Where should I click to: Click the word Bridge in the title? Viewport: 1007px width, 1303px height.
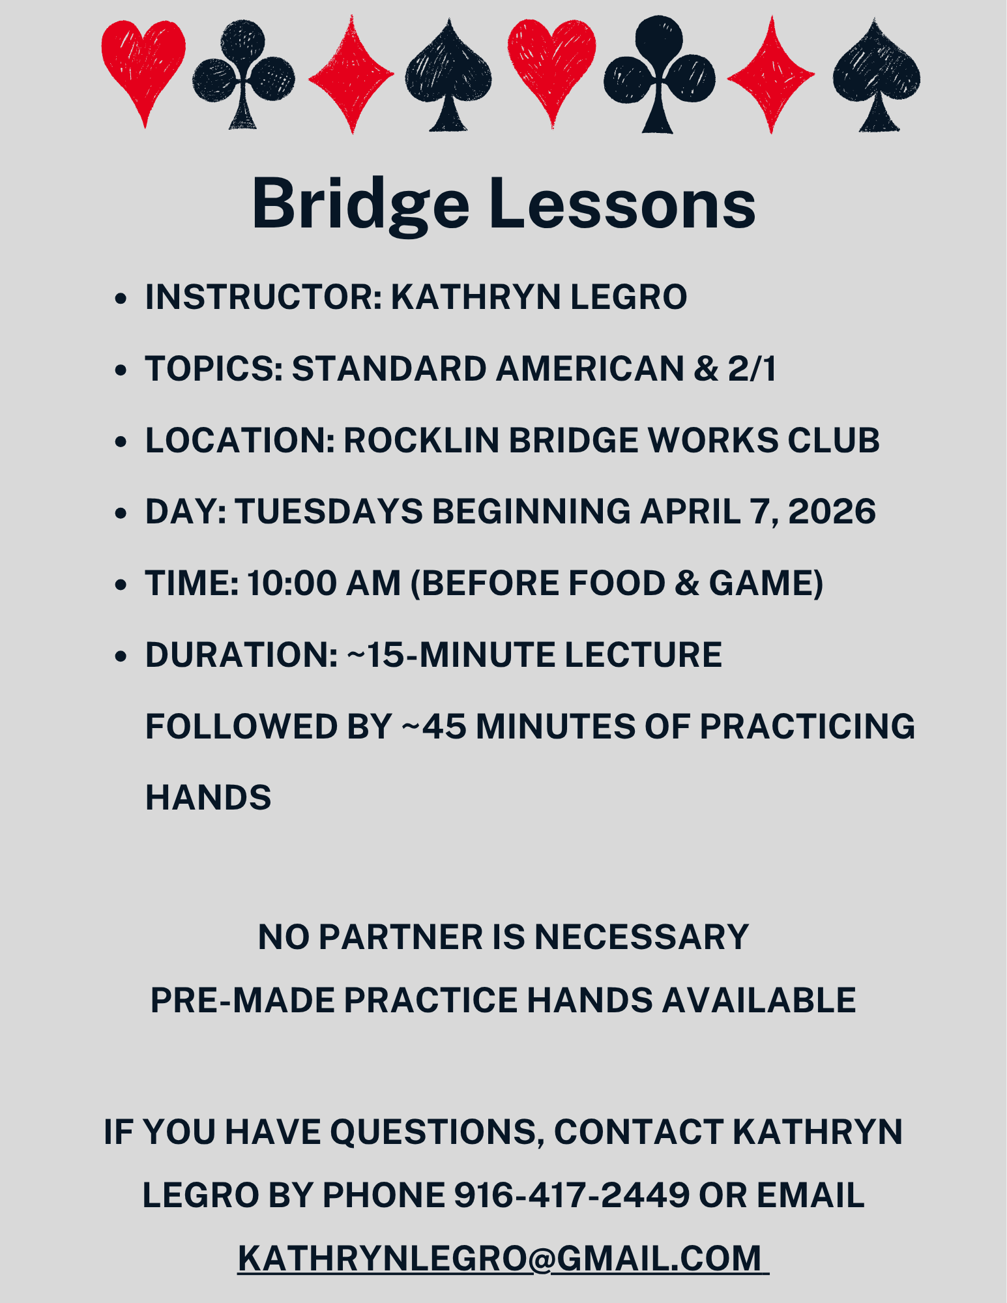point(360,203)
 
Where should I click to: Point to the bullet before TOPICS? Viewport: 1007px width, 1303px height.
point(120,370)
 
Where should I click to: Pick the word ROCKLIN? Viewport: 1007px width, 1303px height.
point(421,441)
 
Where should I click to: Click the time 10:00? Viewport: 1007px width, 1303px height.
point(291,583)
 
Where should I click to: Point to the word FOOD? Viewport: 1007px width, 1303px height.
point(617,583)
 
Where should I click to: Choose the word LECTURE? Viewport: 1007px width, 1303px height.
point(643,655)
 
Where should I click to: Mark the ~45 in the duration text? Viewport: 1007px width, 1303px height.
point(434,727)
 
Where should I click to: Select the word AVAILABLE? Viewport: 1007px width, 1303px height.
point(759,1001)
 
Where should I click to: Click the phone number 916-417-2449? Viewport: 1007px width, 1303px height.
point(572,1195)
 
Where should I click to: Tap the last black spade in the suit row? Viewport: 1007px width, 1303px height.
point(876,73)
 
